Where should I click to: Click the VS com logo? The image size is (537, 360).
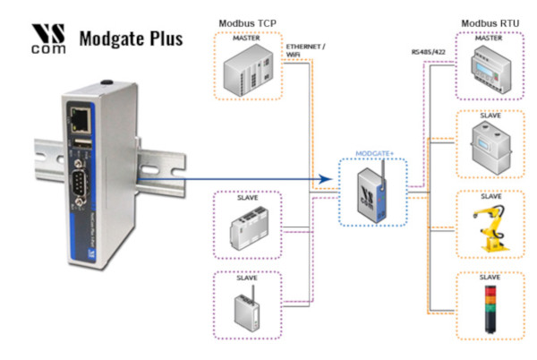pos(43,39)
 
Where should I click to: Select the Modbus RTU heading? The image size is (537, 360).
pos(491,21)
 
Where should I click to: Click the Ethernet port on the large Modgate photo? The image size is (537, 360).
pos(77,116)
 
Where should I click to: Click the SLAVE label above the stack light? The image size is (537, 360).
pos(489,277)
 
